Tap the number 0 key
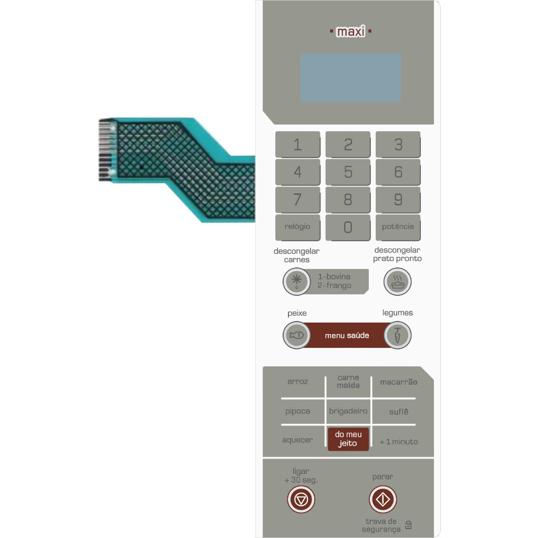[x=348, y=227]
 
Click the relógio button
[x=297, y=227]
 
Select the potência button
[x=398, y=227]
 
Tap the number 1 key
[x=297, y=144]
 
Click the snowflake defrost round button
[x=296, y=282]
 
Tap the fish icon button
[x=296, y=335]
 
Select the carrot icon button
[x=397, y=335]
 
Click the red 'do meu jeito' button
[x=348, y=439]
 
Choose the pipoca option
[x=297, y=411]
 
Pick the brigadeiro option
[x=348, y=411]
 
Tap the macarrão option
[x=399, y=382]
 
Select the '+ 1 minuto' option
[x=399, y=441]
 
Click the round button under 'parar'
[x=382, y=499]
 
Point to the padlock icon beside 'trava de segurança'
[x=408, y=525]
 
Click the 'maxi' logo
[x=350, y=32]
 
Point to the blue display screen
[x=350, y=78]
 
